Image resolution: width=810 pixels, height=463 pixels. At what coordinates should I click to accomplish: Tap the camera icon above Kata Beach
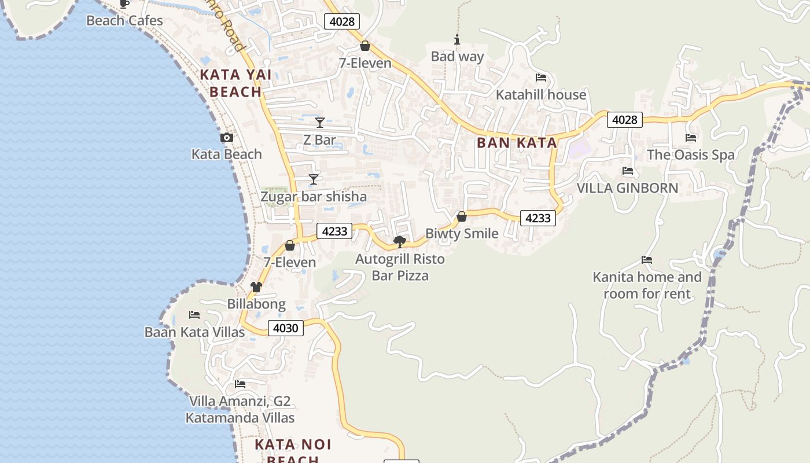(x=227, y=138)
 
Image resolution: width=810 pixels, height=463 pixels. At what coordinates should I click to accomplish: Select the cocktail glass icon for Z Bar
(x=320, y=123)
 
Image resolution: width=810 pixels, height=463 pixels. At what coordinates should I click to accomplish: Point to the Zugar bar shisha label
(x=314, y=197)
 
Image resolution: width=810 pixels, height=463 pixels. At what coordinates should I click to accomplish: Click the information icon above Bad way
(x=457, y=40)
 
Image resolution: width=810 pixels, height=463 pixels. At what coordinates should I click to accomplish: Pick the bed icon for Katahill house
(x=541, y=78)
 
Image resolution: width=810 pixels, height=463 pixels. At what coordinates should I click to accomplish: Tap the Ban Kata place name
(x=517, y=143)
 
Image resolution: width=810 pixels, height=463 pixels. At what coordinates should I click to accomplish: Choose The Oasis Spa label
(x=690, y=155)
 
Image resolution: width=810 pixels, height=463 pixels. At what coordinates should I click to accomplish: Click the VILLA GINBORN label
(x=627, y=188)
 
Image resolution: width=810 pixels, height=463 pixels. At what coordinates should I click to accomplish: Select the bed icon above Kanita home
(x=647, y=260)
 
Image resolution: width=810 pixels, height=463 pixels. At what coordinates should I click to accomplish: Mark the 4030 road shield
(x=286, y=328)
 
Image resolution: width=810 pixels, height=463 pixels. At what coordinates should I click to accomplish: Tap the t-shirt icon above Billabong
(x=256, y=287)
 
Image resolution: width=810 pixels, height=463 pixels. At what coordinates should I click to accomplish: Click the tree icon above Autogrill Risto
(x=399, y=242)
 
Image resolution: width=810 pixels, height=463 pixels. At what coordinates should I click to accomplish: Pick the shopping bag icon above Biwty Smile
(x=462, y=217)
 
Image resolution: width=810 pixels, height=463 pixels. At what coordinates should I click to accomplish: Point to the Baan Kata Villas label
(x=194, y=332)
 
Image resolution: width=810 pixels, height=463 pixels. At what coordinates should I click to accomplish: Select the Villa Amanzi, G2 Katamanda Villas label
(x=240, y=409)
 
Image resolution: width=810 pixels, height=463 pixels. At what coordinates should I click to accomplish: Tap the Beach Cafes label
(x=124, y=21)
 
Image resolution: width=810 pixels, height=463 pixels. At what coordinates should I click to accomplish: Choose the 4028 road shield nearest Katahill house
(x=625, y=120)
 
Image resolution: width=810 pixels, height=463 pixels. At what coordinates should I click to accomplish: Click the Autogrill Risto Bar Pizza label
(x=400, y=267)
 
